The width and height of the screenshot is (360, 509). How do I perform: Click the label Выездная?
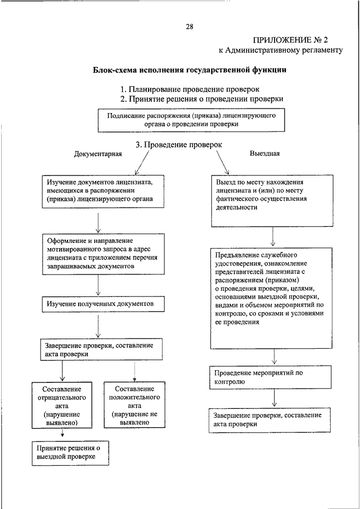coord(264,152)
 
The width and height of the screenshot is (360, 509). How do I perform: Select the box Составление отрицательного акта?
coord(62,405)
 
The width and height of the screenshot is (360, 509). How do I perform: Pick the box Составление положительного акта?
coord(134,405)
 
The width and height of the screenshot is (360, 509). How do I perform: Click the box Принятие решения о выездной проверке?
coord(70,453)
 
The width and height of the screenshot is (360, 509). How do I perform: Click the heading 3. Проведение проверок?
coord(179,145)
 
